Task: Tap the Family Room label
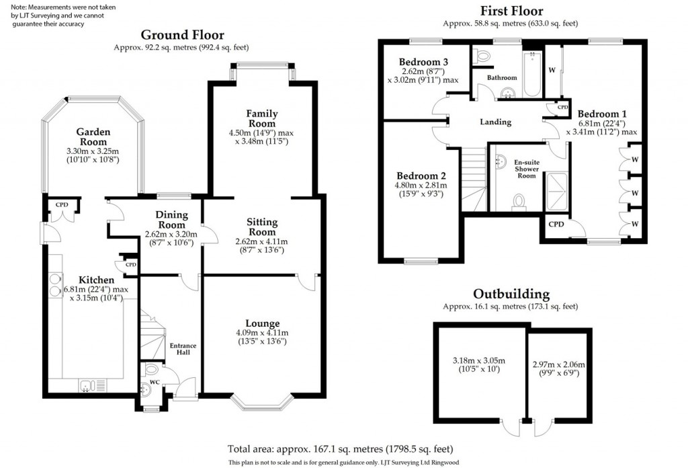261,118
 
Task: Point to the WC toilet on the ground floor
151,369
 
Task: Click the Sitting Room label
261,227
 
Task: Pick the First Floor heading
511,11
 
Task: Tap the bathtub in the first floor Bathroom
529,75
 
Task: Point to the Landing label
495,122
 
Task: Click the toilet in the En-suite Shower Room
518,201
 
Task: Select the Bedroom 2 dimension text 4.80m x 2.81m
421,186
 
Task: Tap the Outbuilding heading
511,294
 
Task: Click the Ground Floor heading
182,35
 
